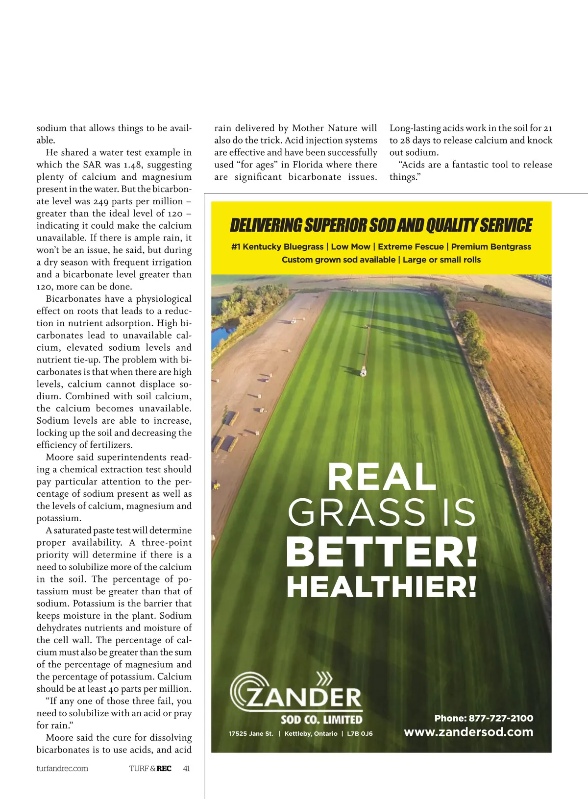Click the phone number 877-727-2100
coord(501,718)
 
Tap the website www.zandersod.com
coord(468,732)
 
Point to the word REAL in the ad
coord(382,478)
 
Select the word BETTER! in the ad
coord(382,552)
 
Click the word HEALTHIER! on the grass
coord(382,587)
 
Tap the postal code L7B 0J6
coord(360,734)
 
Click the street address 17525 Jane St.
coord(251,734)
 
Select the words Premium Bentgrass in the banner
coord(491,247)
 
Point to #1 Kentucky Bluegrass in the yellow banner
coord(277,247)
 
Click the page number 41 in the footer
coord(186,769)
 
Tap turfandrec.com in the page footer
coord(62,769)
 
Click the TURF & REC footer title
coord(150,769)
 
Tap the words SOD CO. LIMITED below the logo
coord(321,720)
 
